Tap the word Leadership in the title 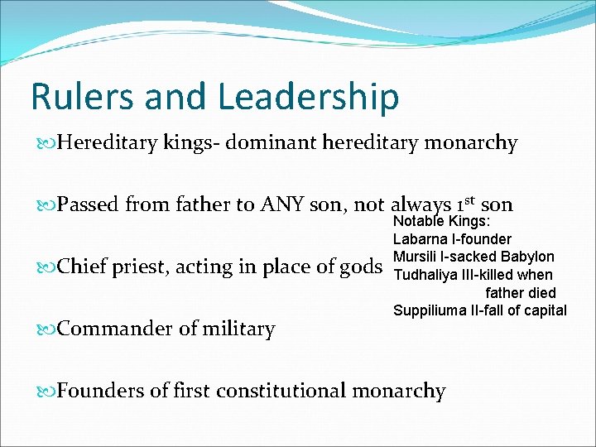pyautogui.click(x=309, y=98)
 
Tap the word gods pyautogui.click(x=361, y=267)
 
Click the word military pyautogui.click(x=236, y=329)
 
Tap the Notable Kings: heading pyautogui.click(x=441, y=222)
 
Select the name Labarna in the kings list pyautogui.click(x=420, y=239)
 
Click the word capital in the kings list pyautogui.click(x=544, y=310)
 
